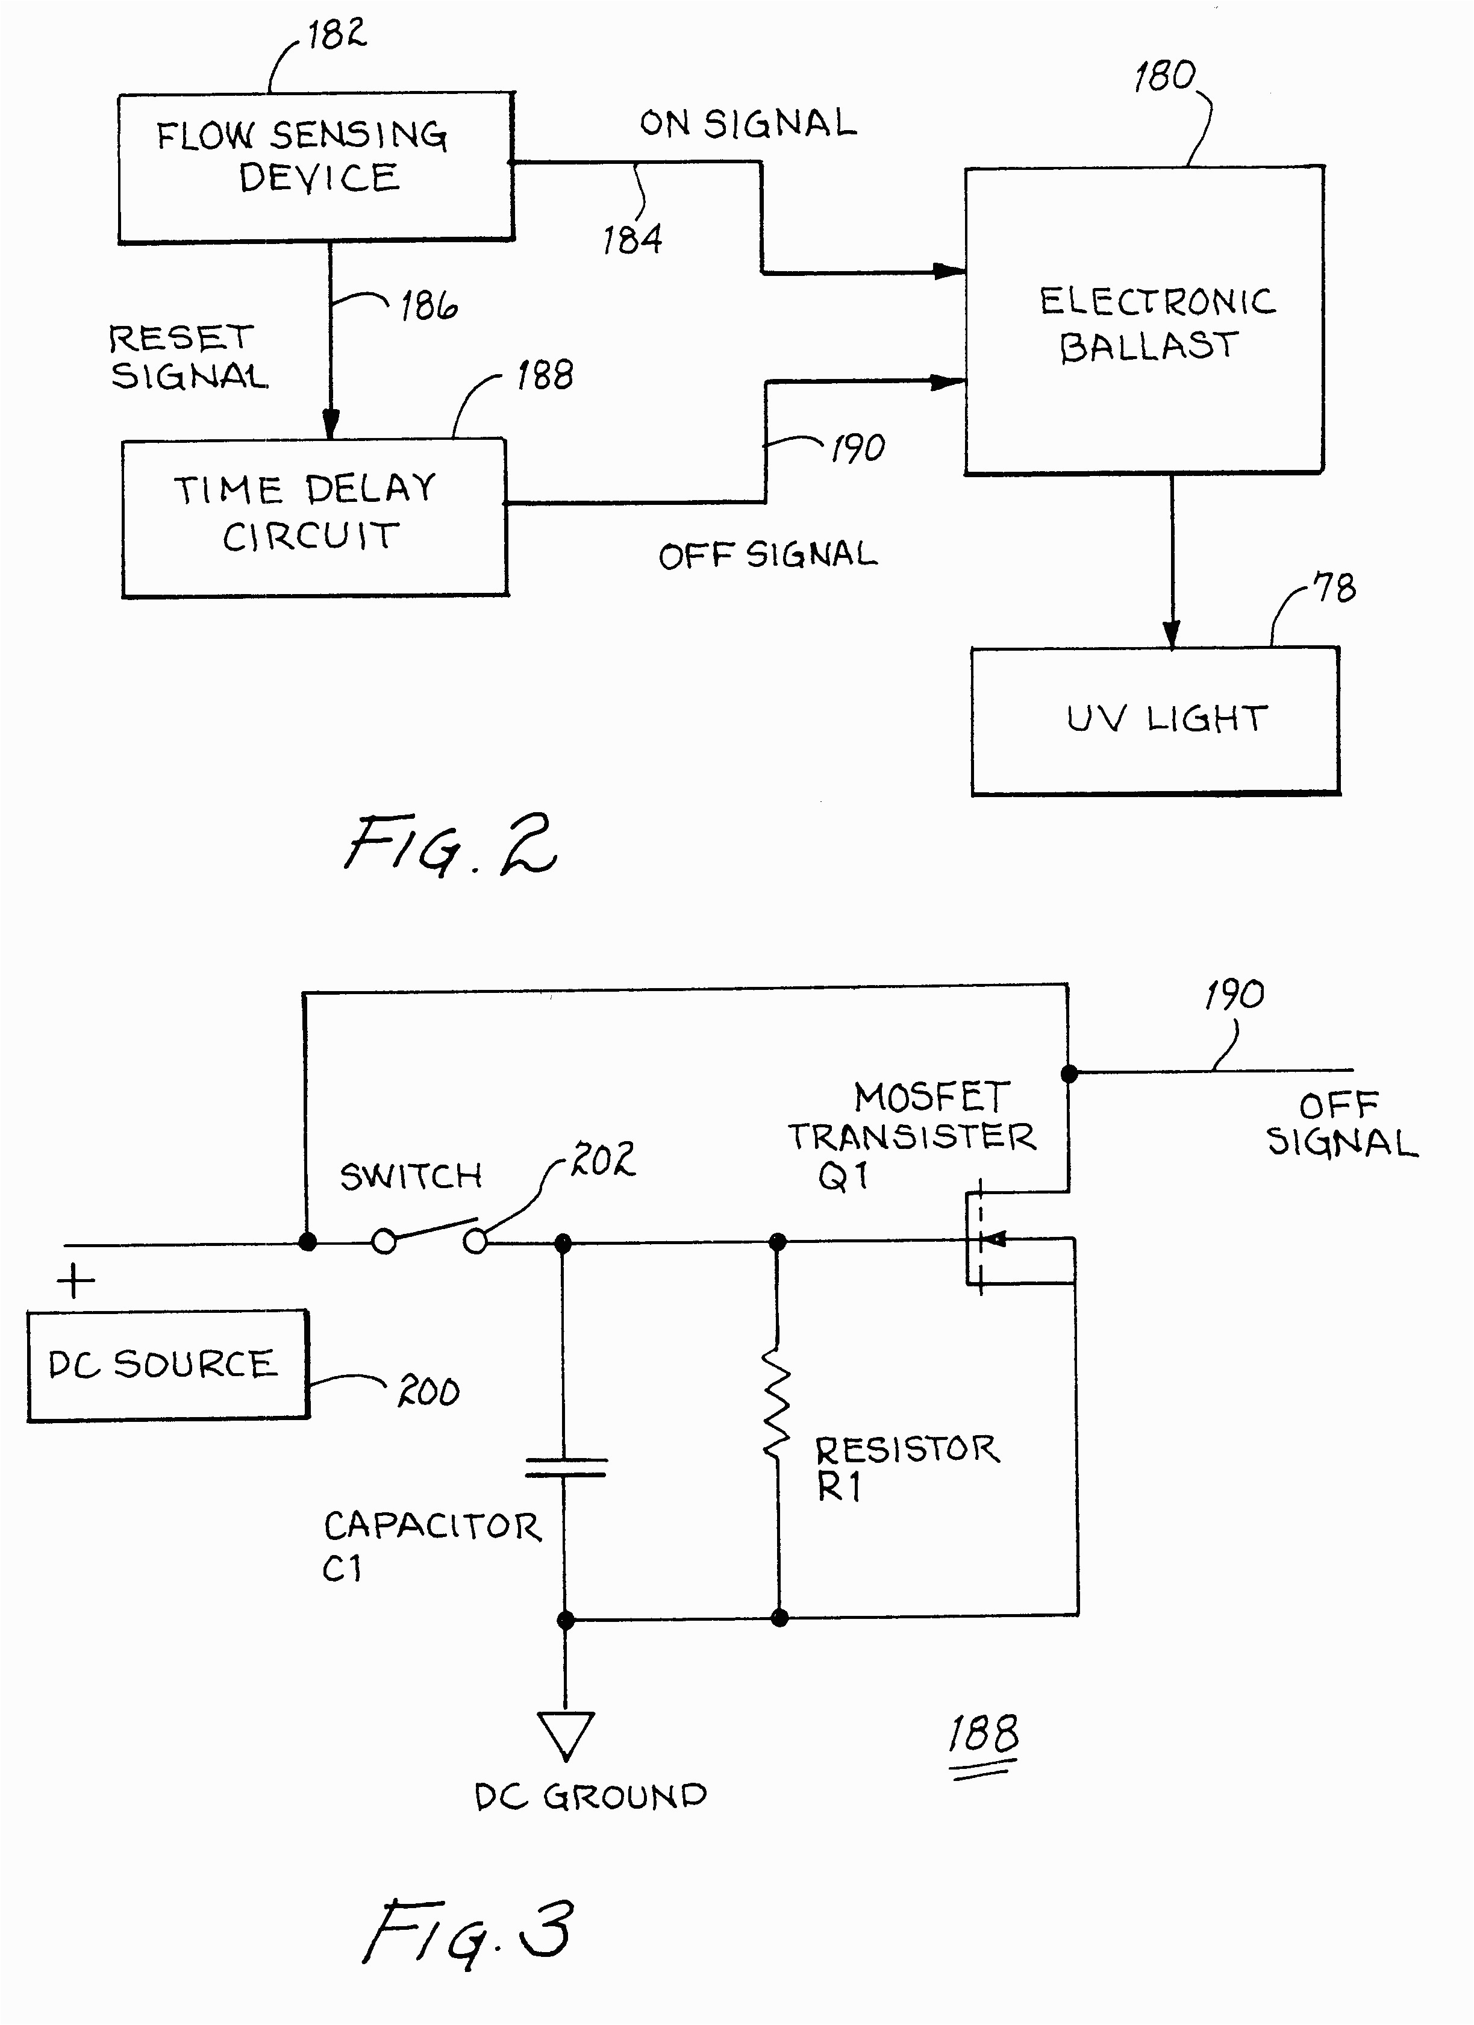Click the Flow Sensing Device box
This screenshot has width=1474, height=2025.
(316, 168)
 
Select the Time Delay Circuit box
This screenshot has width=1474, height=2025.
(314, 518)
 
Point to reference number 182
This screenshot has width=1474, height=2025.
(337, 35)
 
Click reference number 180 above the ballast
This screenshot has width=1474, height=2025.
(1164, 77)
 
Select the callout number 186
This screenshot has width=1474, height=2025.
(428, 306)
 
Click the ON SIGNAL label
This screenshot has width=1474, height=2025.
(748, 124)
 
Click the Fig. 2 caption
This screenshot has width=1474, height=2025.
(451, 845)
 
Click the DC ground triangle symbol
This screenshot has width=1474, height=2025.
(565, 1734)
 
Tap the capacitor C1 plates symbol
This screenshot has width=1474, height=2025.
(565, 1467)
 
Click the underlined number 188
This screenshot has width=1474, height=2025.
(982, 1735)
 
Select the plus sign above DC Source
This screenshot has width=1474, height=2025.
(76, 1282)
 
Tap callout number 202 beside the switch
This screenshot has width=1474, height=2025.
(604, 1159)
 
